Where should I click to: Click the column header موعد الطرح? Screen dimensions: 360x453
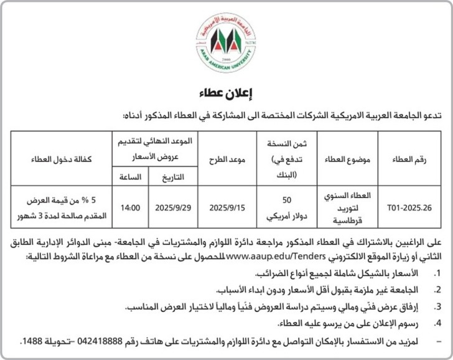click(228, 160)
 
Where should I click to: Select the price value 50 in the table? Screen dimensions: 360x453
click(287, 200)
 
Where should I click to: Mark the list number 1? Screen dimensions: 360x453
click(437, 274)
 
